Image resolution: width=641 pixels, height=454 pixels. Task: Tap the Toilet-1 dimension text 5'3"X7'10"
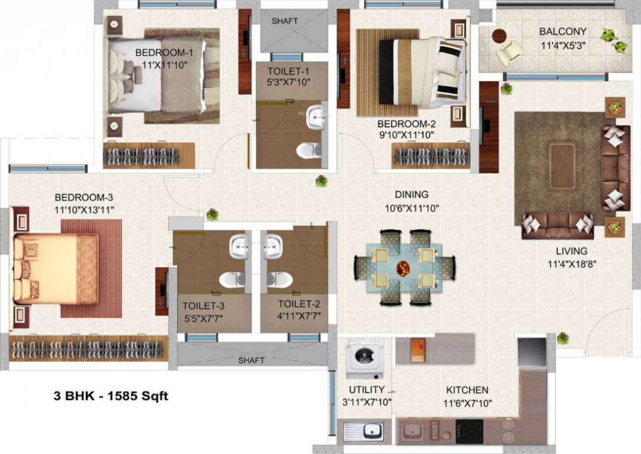(288, 82)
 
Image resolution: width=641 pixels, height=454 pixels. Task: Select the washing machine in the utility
(365, 357)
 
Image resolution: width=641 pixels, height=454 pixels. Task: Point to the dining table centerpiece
(404, 268)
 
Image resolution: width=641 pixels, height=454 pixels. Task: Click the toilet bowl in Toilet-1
(309, 150)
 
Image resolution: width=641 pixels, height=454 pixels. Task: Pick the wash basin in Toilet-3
(237, 247)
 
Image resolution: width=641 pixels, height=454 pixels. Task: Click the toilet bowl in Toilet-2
(279, 279)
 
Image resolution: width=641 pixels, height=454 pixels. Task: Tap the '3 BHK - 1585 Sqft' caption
(111, 396)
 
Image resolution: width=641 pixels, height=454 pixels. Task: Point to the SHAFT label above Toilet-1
(285, 21)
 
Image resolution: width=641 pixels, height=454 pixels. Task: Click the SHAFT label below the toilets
(251, 360)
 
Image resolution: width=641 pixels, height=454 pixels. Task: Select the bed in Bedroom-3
(56, 268)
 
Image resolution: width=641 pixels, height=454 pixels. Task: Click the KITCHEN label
(467, 390)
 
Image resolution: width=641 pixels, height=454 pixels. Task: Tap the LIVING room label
(571, 251)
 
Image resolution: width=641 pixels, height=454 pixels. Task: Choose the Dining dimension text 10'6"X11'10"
(412, 207)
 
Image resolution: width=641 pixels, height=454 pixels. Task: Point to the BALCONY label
(562, 31)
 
